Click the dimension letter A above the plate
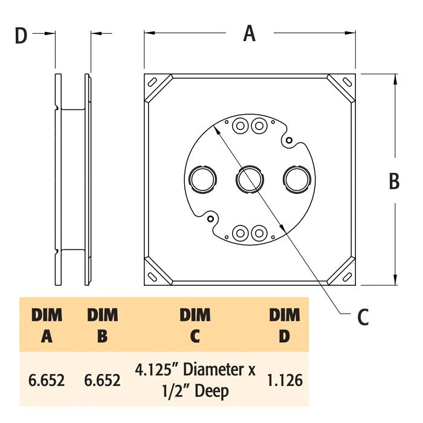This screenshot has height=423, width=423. click(249, 34)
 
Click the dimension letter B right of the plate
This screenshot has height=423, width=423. click(394, 181)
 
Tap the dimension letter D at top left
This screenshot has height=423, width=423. click(21, 36)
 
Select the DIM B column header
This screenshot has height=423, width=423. click(103, 325)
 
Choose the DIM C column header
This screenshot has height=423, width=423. click(195, 325)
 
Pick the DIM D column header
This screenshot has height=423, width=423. click(284, 325)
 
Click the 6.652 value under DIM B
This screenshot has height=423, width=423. click(103, 381)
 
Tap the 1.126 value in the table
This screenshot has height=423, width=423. click(284, 381)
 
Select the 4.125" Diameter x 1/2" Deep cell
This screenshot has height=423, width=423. click(195, 381)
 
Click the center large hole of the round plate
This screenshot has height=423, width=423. click(249, 179)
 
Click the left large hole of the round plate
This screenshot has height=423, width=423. click(202, 179)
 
